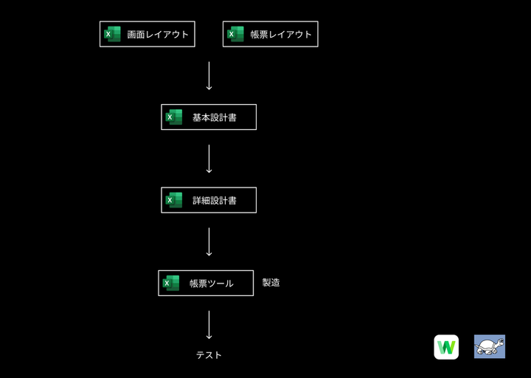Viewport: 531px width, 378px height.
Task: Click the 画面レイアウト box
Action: pos(147,34)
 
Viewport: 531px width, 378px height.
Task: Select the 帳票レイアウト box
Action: pos(270,34)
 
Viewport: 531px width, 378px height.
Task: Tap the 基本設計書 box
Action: pos(209,117)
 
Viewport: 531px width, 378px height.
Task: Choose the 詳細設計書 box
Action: pos(209,200)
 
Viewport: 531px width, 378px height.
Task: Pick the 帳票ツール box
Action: pos(206,283)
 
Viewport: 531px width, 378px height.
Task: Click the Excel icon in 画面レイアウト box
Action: pos(112,34)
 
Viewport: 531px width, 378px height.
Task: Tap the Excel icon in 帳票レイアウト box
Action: pos(235,34)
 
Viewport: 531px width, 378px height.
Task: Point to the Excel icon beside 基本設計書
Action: pos(174,117)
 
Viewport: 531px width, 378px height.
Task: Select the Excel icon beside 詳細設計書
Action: pos(174,200)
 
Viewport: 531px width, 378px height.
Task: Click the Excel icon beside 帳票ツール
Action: pos(171,283)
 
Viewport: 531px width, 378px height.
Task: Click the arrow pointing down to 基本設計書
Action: pos(209,75)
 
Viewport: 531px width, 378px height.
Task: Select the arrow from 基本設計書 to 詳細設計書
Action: pos(209,159)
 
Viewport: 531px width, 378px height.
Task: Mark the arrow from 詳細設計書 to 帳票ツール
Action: pos(209,241)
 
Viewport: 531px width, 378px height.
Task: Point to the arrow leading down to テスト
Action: pos(209,325)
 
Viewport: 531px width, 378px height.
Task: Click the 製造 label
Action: pos(271,282)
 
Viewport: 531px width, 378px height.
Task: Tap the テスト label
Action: pos(209,355)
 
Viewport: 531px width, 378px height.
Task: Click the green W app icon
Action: pos(446,346)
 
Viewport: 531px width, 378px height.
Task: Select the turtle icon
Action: pos(489,346)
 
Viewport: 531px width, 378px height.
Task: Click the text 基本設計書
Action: pos(215,117)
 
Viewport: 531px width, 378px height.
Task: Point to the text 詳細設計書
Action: pos(215,200)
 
